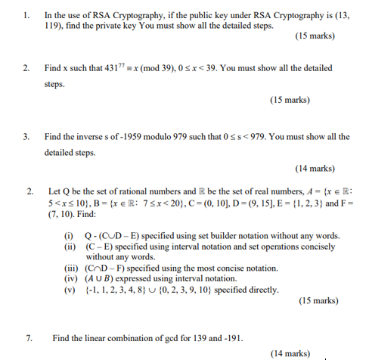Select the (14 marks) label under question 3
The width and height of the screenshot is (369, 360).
(315, 169)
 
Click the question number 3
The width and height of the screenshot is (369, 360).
(26, 137)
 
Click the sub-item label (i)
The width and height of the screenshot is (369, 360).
(69, 235)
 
